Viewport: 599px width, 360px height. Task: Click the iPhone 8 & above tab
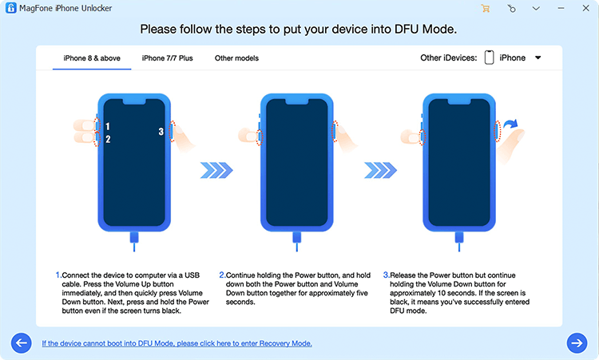pos(92,58)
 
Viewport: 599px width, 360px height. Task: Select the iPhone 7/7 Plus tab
pos(167,58)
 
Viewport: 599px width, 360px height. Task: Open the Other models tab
pos(236,58)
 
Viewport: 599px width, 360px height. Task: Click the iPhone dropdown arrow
pos(538,58)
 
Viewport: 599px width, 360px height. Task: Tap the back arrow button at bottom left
pos(22,342)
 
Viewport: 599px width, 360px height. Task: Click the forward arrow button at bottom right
pos(577,342)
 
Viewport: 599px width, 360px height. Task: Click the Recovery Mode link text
pos(177,343)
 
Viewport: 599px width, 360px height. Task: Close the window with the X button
pos(585,9)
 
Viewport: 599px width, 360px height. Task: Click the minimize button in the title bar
pos(560,9)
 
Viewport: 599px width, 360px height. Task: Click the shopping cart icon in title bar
pos(485,9)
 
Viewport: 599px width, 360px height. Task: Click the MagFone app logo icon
pos(10,9)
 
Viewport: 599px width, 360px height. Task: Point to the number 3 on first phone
pos(161,132)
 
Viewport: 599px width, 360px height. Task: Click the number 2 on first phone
pos(108,139)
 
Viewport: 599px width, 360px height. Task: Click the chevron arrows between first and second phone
pos(216,169)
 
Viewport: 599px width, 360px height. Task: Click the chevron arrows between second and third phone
pos(380,169)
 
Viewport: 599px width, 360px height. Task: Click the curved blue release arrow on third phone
pos(510,125)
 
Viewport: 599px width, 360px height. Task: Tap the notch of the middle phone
pos(297,101)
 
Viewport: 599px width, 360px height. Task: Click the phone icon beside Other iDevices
pos(489,58)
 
